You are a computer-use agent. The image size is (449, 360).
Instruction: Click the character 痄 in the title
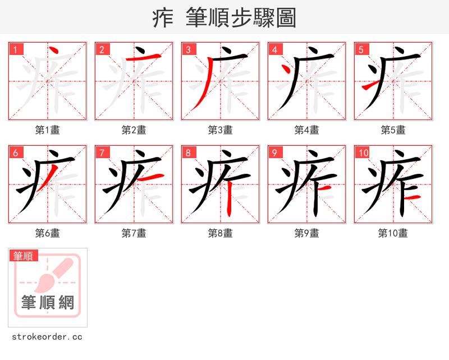click(163, 18)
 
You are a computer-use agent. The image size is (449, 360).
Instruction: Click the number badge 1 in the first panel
click(16, 49)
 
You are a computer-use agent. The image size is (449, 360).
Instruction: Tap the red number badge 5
click(361, 49)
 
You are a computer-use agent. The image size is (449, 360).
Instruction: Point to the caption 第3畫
click(220, 130)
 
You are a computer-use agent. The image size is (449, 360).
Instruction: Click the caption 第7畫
click(134, 233)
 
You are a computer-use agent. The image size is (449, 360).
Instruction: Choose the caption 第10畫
click(393, 233)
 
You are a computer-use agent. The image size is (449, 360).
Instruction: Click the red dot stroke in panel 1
click(53, 54)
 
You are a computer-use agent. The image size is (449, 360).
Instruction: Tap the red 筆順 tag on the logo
click(24, 256)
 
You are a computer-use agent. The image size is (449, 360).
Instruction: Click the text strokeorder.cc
click(47, 337)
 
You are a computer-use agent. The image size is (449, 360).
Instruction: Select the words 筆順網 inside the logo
click(48, 303)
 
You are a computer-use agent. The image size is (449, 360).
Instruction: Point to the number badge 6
click(16, 153)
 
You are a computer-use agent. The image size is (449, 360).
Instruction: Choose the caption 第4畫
click(306, 130)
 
